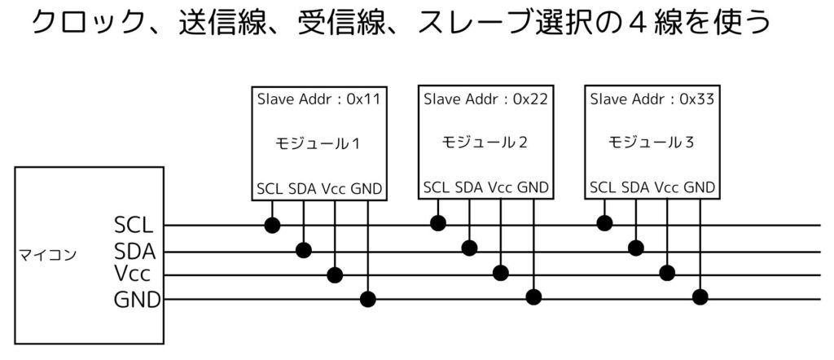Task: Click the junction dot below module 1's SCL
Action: [271, 224]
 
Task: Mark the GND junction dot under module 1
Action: [367, 299]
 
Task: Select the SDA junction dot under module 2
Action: [469, 248]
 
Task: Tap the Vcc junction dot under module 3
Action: [668, 272]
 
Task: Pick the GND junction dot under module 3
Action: [700, 296]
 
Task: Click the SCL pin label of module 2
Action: [437, 188]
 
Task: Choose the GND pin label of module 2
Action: [533, 188]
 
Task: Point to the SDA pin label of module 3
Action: [635, 188]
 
